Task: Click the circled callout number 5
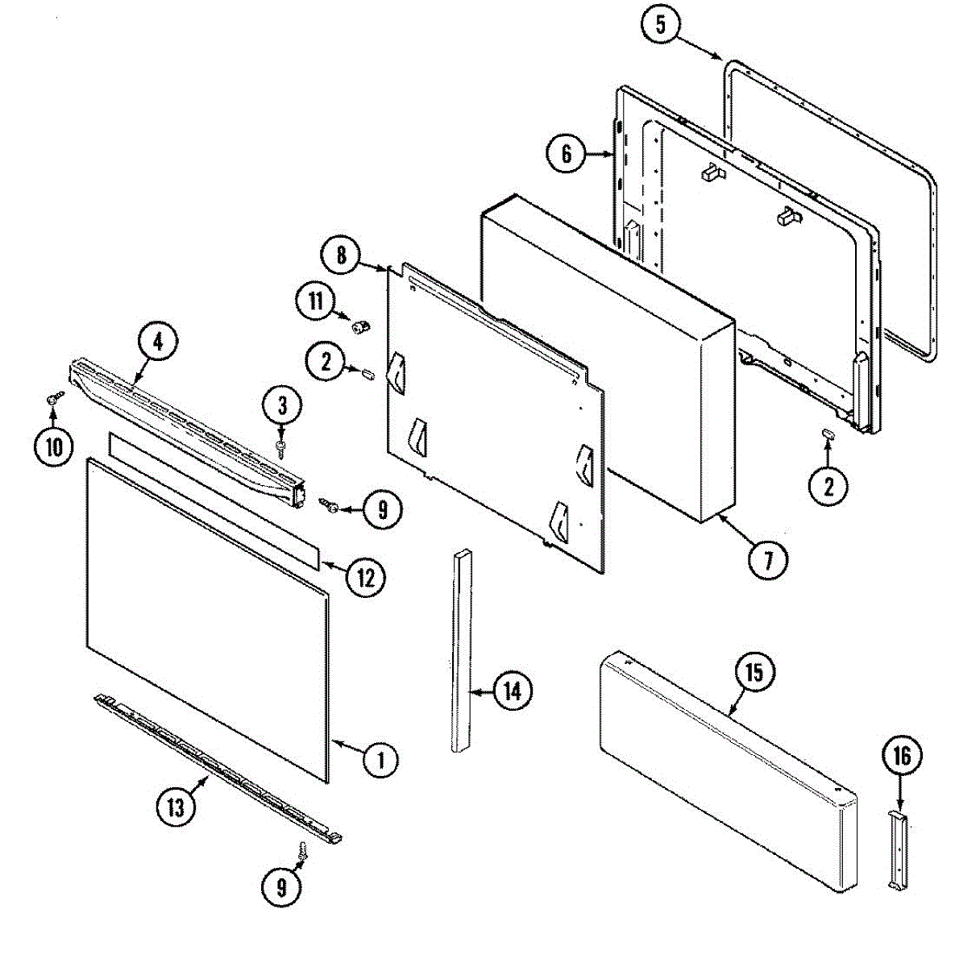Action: tap(660, 25)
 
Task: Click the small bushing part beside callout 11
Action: tap(359, 326)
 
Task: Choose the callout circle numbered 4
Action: tap(157, 341)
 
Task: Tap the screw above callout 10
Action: tap(55, 397)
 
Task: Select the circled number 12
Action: tap(366, 576)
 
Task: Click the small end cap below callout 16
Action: tap(899, 850)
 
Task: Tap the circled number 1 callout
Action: tap(380, 758)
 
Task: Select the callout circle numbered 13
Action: tap(176, 807)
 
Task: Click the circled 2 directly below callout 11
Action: tap(326, 362)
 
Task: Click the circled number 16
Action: tap(901, 755)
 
